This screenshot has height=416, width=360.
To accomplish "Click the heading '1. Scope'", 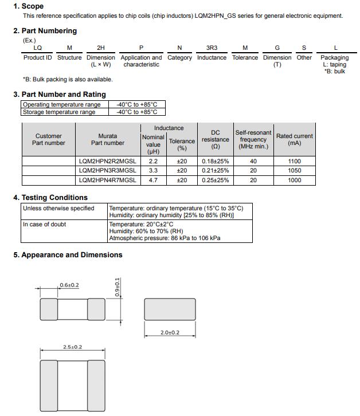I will click(x=28, y=6).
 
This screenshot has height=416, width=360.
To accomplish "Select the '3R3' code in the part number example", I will click(x=212, y=48).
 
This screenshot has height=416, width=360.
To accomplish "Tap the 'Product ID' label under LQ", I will click(x=37, y=57).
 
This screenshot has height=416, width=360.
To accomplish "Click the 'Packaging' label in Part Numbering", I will click(x=334, y=57).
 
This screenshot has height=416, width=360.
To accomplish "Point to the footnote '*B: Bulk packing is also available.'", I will click(x=68, y=79).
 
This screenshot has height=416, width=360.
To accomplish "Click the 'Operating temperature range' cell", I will click(x=61, y=105).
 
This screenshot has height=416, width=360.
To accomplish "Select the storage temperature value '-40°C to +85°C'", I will click(x=136, y=112).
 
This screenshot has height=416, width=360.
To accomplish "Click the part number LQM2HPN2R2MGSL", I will click(x=107, y=162).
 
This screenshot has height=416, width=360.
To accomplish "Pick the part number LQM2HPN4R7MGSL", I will click(x=107, y=180).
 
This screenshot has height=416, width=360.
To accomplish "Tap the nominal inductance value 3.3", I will click(x=153, y=171).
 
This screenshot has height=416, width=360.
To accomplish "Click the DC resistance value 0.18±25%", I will click(x=215, y=162).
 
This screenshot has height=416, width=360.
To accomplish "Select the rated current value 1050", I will click(x=294, y=171).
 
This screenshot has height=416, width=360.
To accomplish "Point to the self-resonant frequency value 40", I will click(x=253, y=162).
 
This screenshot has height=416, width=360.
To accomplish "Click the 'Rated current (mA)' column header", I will click(x=294, y=139).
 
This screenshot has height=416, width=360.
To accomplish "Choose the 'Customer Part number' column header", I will click(x=49, y=139).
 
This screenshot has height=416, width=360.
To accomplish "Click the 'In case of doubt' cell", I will click(x=44, y=224).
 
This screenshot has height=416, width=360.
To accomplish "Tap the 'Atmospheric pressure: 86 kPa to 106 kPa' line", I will click(x=165, y=238).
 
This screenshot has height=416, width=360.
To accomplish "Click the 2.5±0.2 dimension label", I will click(x=72, y=347).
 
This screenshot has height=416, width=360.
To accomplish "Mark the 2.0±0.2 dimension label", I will click(x=170, y=332).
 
